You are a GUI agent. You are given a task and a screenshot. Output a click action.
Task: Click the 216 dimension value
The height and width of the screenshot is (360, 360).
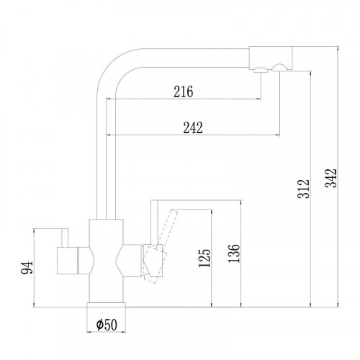[184, 91]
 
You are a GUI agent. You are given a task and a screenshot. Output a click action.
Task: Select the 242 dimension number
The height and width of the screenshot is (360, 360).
[193, 127]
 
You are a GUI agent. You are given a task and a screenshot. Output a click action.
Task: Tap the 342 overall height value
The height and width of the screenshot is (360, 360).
[331, 179]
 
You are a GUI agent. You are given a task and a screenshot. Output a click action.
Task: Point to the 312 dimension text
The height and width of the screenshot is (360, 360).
[304, 189]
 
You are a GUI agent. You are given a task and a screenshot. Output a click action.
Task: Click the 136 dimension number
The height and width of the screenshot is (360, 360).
[234, 253]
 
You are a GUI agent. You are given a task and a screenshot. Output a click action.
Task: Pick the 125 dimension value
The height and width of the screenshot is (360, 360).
[204, 258]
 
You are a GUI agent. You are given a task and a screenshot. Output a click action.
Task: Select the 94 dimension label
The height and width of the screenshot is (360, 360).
[27, 268]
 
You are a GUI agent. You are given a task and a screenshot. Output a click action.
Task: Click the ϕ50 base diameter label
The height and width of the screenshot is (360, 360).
[107, 325]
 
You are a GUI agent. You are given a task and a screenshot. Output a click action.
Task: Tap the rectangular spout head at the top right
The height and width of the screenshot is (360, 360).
[271, 58]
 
